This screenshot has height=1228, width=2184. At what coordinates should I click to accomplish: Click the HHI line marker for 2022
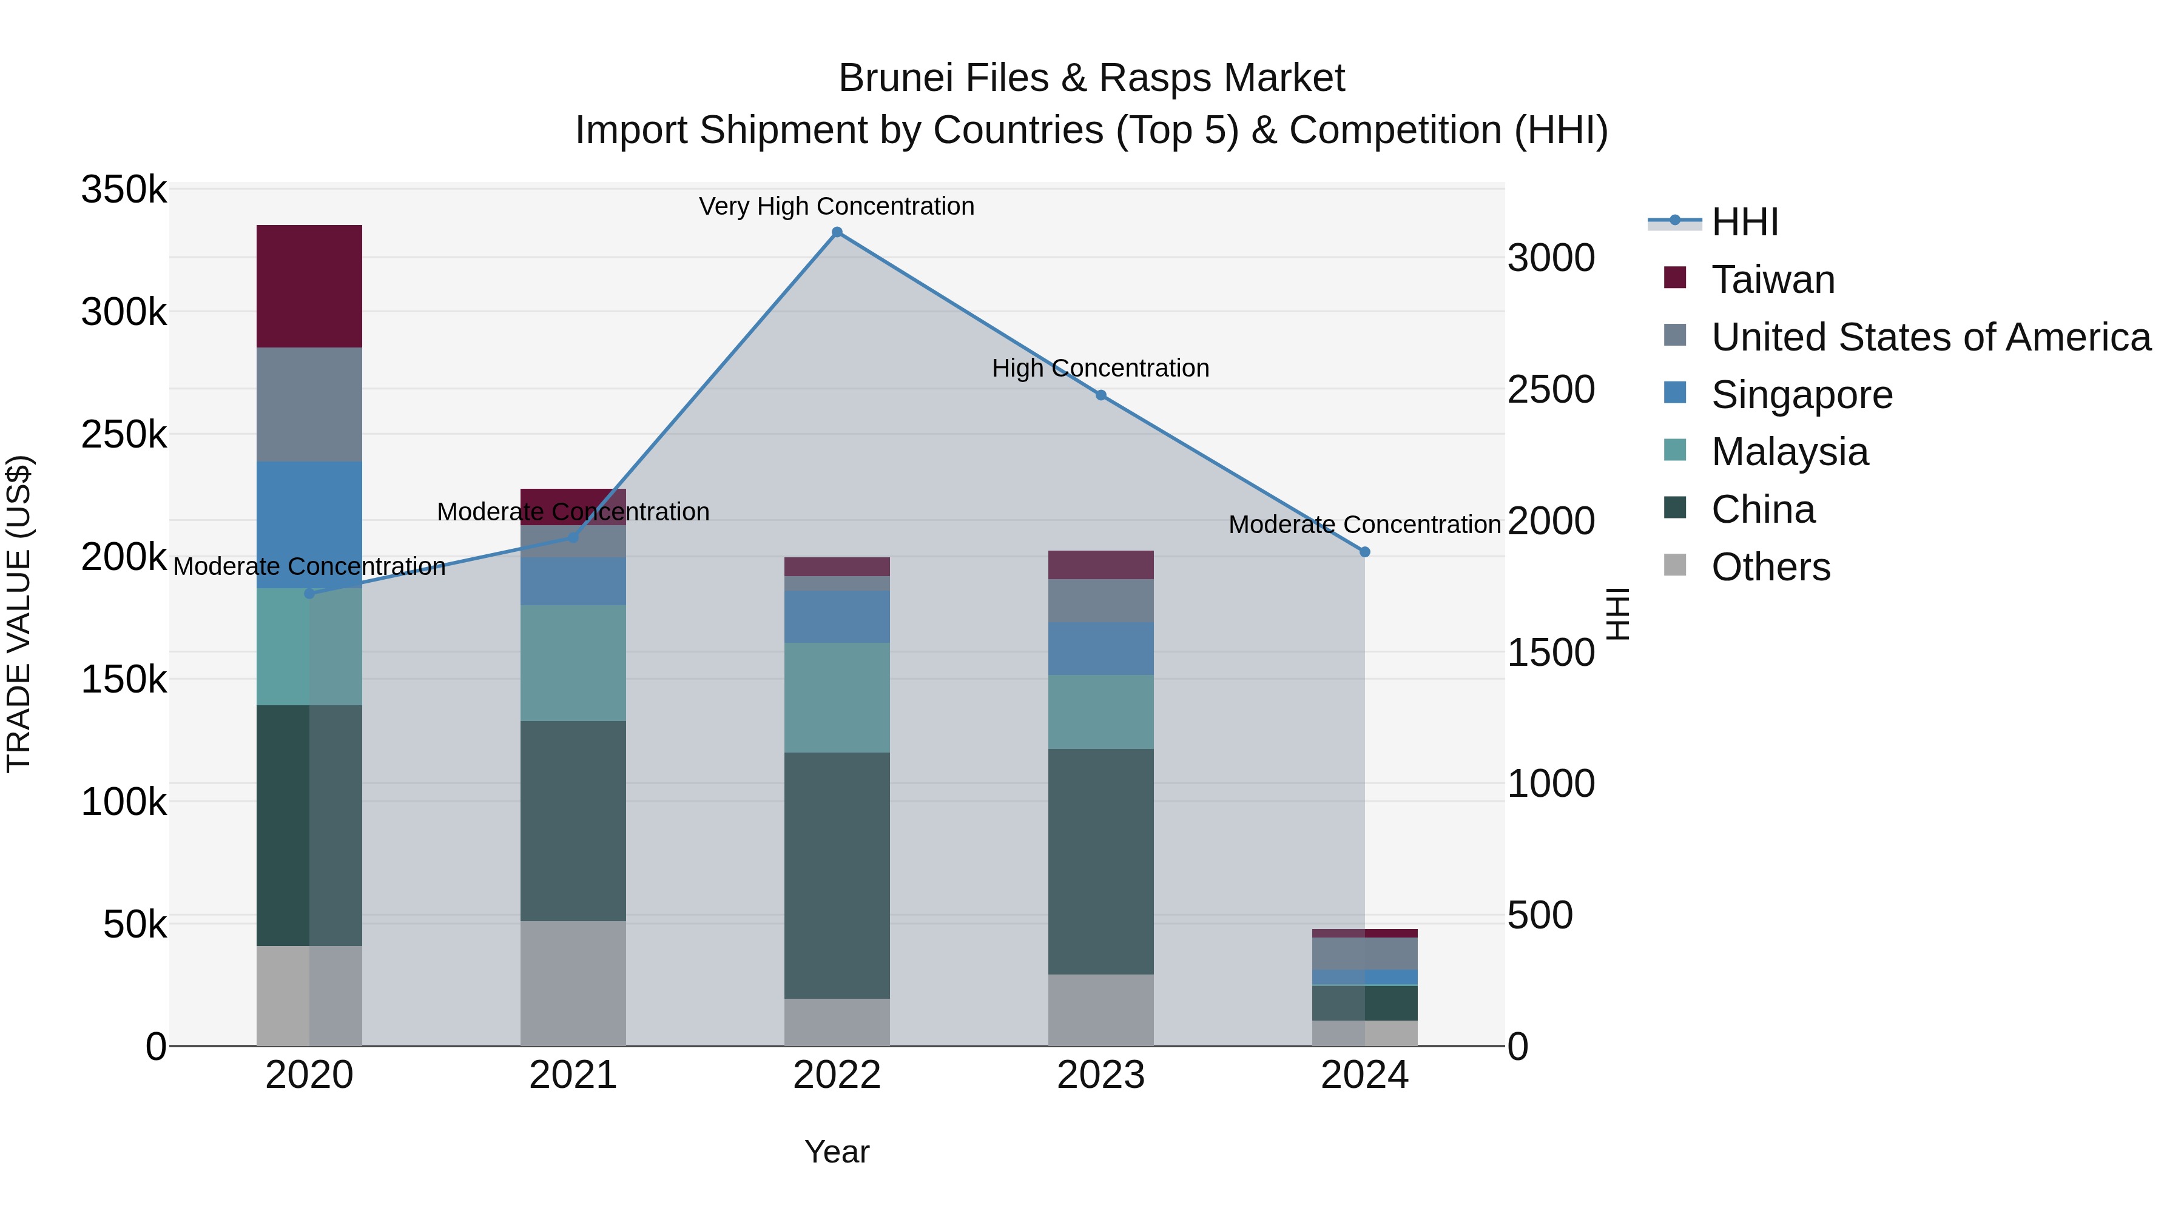point(837,232)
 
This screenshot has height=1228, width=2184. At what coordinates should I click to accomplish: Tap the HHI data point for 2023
point(1100,395)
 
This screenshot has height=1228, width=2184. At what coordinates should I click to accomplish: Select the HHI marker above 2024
point(1365,552)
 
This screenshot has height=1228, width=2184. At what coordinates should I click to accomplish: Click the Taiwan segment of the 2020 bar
point(309,286)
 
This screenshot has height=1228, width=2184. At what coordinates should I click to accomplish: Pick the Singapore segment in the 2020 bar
point(309,524)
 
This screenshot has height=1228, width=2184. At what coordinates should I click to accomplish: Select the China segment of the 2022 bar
point(837,874)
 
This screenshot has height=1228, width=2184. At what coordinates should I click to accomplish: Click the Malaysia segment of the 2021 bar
point(573,663)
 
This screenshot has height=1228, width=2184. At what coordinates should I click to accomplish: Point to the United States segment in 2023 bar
point(1100,601)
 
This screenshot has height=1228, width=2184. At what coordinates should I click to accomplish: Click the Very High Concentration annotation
point(837,206)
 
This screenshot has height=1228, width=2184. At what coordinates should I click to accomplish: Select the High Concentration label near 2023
point(1100,368)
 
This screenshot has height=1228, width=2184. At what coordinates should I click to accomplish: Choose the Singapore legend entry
point(1802,395)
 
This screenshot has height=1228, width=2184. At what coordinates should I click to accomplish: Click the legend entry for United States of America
point(1930,337)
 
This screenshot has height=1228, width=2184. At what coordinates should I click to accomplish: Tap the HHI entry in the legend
point(1745,222)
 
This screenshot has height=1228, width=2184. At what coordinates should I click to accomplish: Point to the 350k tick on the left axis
point(124,189)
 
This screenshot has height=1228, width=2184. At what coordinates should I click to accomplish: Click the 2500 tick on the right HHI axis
point(1551,390)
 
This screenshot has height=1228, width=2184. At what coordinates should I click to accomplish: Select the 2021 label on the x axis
point(573,1075)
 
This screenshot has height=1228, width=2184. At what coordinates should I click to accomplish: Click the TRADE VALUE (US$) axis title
point(19,614)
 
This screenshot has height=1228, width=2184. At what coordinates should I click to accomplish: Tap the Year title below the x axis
point(837,1152)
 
